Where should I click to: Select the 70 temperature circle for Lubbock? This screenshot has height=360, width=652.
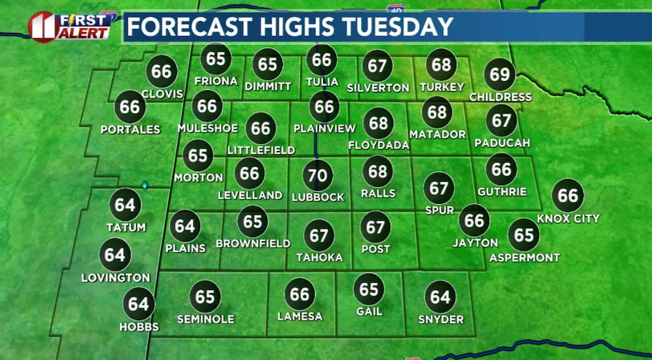(318, 176)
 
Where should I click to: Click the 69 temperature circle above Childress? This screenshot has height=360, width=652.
(500, 74)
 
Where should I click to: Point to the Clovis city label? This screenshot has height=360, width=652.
(162, 93)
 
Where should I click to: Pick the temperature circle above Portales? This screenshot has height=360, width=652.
(130, 106)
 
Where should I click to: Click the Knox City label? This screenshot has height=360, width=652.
(568, 218)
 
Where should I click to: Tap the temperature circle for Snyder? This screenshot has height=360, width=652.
(440, 297)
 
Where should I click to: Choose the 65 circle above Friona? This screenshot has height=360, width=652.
(216, 59)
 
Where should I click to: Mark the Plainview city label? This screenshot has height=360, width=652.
(324, 128)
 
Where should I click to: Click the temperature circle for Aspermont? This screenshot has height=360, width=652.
(524, 235)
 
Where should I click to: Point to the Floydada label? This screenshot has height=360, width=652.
(379, 145)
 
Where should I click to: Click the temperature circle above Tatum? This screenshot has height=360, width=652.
(125, 205)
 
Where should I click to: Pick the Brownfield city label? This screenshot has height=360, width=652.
(253, 244)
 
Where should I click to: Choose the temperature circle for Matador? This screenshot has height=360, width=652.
(437, 112)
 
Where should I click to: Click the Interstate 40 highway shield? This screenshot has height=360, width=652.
(394, 8)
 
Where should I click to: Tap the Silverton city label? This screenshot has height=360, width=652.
(378, 88)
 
